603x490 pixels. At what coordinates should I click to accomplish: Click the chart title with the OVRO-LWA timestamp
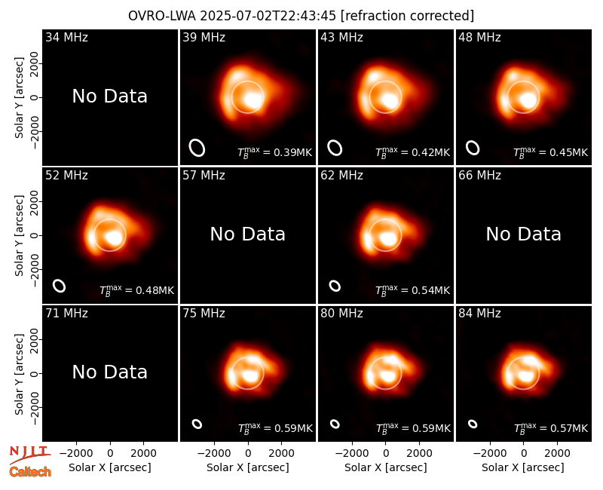301,16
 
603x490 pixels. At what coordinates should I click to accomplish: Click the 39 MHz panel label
204,37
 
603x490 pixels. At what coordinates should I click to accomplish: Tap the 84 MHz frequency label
479,314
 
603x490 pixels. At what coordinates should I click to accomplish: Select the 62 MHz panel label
341,176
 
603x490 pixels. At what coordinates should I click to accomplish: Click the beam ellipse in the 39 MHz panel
197,148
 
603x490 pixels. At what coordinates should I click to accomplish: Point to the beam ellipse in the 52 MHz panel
60,286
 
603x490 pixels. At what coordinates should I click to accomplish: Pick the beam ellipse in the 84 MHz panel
473,424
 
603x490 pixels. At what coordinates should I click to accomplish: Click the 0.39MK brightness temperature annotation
274,152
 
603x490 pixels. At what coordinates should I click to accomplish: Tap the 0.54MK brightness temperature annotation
412,290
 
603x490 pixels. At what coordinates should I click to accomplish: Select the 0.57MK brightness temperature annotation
551,428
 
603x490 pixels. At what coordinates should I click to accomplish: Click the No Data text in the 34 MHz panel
109,96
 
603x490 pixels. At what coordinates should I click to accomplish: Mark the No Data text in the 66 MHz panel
523,234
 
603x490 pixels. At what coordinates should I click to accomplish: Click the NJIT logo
29,455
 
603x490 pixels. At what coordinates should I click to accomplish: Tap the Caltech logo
30,472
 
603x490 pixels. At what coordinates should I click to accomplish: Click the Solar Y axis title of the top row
20,98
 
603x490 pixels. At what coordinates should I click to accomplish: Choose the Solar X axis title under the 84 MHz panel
523,467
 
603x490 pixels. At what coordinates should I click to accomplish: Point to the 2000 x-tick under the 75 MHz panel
281,454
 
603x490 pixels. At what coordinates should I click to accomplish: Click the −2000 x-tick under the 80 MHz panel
352,454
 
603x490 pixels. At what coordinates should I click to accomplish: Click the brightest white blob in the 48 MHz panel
528,101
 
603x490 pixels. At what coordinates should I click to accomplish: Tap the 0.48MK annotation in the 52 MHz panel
137,290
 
